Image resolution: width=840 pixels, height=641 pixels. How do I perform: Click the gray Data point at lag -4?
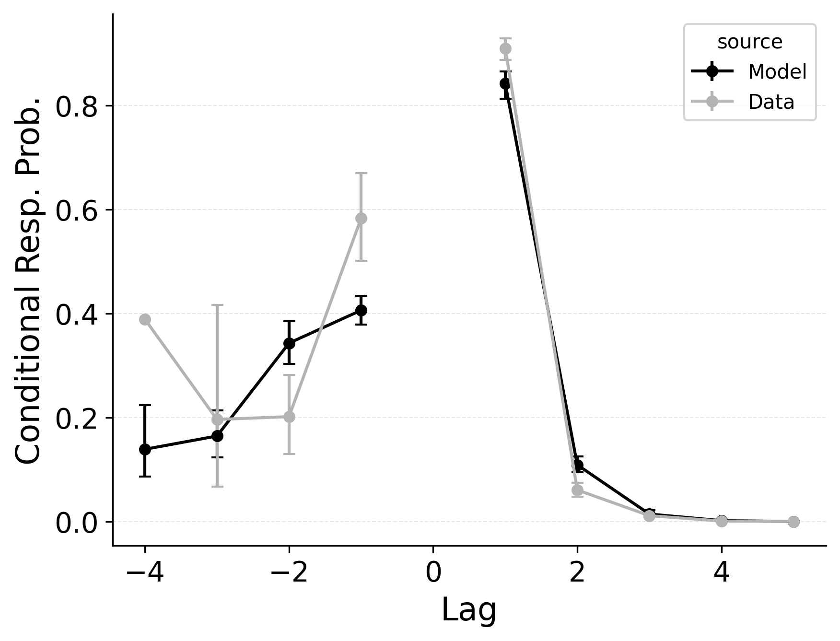[145, 320]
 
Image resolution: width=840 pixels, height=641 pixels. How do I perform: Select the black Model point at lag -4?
[145, 449]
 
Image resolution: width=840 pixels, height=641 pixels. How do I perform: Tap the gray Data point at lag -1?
[361, 218]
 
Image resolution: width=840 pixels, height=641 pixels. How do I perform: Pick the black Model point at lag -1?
[361, 310]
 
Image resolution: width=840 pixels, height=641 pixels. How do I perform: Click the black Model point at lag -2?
[289, 343]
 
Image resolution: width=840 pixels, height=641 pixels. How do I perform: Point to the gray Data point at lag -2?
[289, 417]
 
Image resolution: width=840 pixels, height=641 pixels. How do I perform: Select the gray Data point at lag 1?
[505, 48]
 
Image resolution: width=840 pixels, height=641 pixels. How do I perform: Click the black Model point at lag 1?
[505, 84]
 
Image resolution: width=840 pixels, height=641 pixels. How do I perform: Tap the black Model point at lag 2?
[577, 465]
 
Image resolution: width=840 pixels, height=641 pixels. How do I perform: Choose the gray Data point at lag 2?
[577, 490]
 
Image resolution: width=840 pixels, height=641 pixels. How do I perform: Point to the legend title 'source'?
[749, 42]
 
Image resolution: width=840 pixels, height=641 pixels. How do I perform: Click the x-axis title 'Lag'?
[468, 610]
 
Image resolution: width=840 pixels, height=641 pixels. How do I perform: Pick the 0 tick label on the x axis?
[433, 573]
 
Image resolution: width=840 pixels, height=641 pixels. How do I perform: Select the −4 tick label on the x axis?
[145, 573]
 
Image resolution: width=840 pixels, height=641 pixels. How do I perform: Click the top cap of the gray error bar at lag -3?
[217, 305]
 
